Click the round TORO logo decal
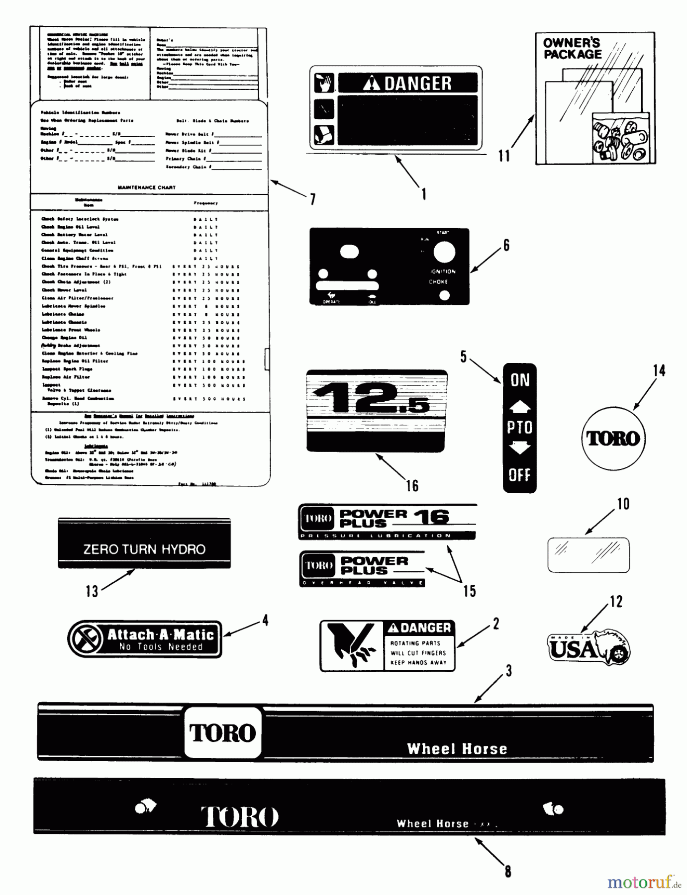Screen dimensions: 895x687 click(613, 438)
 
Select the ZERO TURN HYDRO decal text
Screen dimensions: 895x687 click(144, 549)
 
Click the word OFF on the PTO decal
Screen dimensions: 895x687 click(519, 475)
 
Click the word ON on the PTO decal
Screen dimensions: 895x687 click(520, 380)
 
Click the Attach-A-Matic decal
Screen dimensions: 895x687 click(145, 639)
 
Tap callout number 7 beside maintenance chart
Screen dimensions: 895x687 click(312, 199)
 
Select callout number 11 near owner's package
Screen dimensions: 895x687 click(504, 156)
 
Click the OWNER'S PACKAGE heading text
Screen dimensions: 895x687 click(572, 48)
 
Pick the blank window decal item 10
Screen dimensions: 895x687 click(589, 555)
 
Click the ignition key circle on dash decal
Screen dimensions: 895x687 click(444, 253)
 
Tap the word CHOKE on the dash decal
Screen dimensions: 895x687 click(438, 282)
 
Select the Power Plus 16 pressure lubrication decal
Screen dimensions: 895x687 click(387, 522)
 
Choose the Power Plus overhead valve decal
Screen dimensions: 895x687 click(362, 569)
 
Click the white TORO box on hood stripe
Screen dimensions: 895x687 click(223, 732)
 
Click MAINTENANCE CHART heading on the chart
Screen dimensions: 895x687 click(146, 187)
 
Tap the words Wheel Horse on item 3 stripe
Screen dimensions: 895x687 click(457, 749)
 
